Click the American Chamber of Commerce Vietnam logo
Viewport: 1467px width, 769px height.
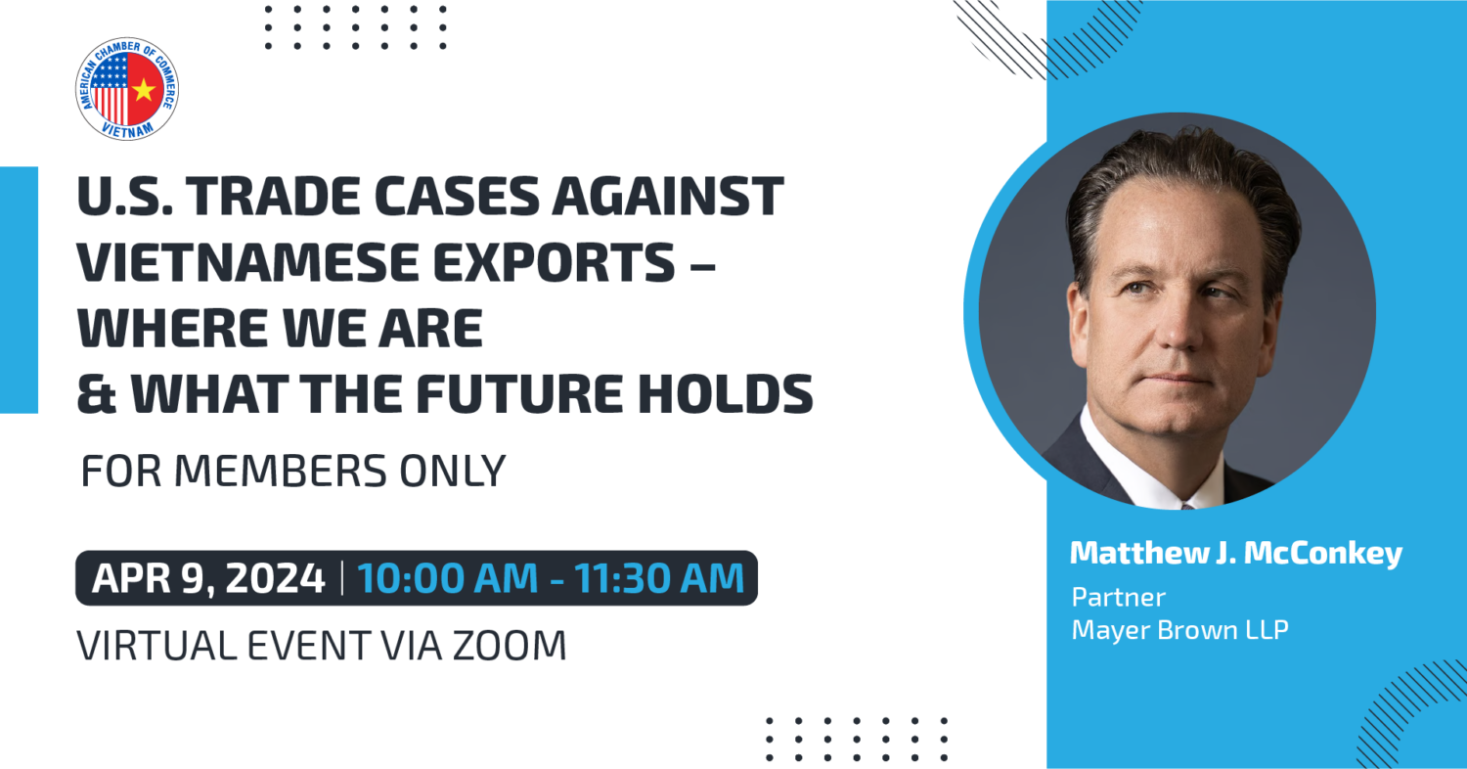(x=127, y=88)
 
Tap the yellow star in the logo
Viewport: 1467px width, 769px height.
(x=144, y=90)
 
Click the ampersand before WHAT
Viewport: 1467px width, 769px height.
(x=97, y=393)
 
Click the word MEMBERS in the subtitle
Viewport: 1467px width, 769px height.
(x=281, y=471)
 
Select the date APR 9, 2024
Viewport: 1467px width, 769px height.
(x=208, y=578)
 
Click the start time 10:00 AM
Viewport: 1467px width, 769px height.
(x=447, y=578)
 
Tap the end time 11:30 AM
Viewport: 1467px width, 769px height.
(x=659, y=578)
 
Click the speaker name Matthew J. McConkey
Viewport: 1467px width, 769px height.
(x=1236, y=554)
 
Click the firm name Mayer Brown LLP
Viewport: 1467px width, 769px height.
(x=1179, y=630)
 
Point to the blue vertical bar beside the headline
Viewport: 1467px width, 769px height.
(x=19, y=291)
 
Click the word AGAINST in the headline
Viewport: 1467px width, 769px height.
(x=668, y=196)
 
